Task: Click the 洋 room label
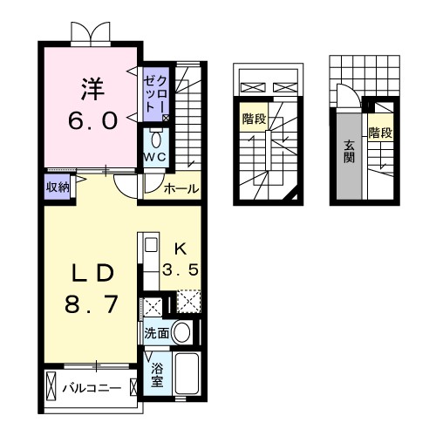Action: point(93,88)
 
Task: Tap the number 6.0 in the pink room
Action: point(93,119)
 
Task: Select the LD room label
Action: point(92,273)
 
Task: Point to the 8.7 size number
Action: point(92,305)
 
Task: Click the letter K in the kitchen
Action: point(179,248)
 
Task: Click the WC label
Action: point(155,156)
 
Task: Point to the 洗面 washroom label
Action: point(156,332)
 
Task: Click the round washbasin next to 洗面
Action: point(181,332)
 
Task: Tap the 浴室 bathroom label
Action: point(156,375)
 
